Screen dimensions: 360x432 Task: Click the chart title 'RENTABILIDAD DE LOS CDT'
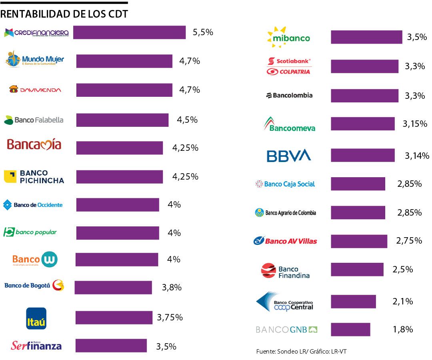tap(64, 14)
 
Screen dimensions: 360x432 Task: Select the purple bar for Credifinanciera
tap(129, 32)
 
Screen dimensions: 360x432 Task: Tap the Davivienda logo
tap(35, 90)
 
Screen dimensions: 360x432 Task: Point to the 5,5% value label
tap(203, 32)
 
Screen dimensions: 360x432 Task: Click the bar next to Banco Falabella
tap(122, 120)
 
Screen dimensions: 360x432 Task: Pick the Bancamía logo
tap(34, 144)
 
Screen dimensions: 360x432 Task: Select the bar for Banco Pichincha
tap(120, 177)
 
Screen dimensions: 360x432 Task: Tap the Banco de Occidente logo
tap(33, 205)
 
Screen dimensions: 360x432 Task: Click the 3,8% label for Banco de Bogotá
tap(172, 287)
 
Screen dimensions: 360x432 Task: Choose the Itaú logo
tap(36, 318)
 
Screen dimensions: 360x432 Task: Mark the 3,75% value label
tap(170, 317)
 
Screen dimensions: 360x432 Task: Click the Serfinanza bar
tap(111, 345)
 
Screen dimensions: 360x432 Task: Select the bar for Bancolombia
tap(364, 96)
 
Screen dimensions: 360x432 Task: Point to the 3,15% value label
tap(415, 124)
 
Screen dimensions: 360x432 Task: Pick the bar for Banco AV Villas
tap(359, 241)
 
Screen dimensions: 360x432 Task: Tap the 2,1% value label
tap(403, 302)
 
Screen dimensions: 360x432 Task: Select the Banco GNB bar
tap(350, 330)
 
